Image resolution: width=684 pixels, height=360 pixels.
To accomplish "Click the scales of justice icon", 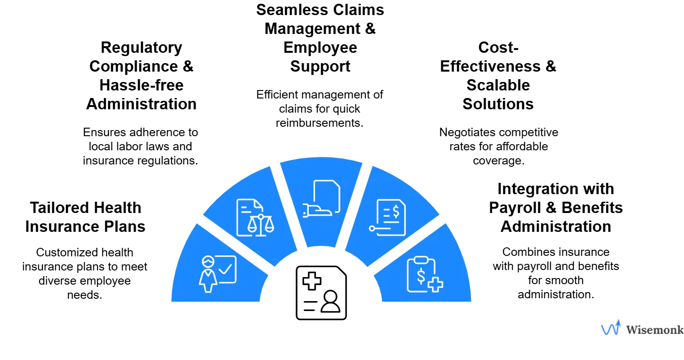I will (x=255, y=218).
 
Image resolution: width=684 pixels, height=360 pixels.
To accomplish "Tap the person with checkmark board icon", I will (x=218, y=274).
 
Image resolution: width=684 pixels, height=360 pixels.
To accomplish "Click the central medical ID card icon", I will (x=321, y=293).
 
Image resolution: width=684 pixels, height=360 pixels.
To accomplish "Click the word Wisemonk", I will (x=654, y=329).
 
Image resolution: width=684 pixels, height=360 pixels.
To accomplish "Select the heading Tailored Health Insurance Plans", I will (x=85, y=217).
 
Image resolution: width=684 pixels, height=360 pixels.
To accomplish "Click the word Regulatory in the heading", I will (x=141, y=48).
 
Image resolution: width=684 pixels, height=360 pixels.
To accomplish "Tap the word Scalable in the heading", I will (x=498, y=85).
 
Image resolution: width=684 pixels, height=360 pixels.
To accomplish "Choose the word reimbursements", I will (x=320, y=123).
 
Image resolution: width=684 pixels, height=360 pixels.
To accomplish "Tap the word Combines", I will (x=526, y=252).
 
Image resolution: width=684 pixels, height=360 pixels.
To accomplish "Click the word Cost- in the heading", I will (x=498, y=48).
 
